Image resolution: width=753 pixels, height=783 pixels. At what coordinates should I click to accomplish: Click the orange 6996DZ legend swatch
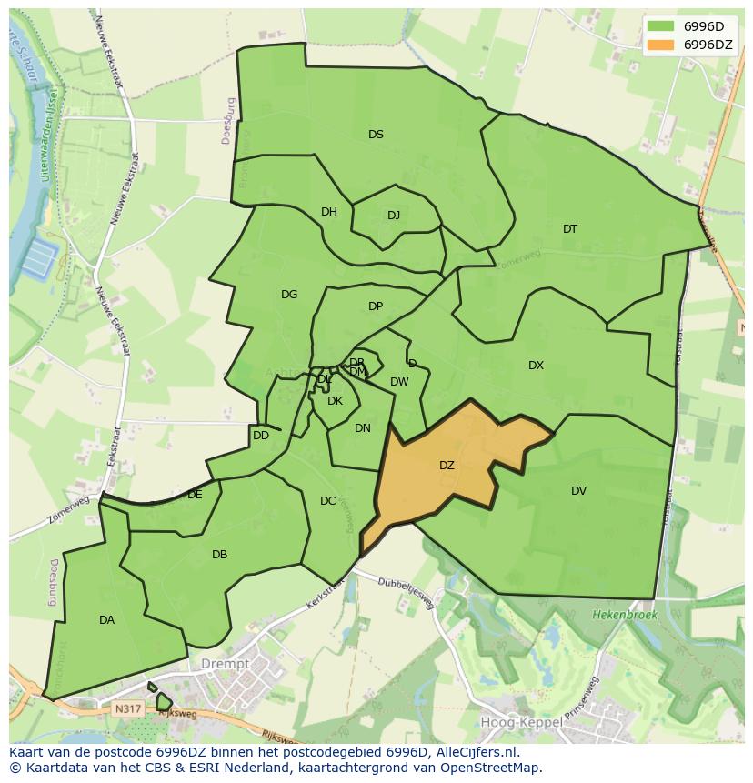pyautogui.click(x=661, y=45)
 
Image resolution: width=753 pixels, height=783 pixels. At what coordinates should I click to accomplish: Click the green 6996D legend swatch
pyautogui.click(x=661, y=25)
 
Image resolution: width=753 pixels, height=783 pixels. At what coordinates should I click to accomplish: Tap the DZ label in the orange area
pyautogui.click(x=447, y=466)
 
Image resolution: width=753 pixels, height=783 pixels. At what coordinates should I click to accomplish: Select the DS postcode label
pyautogui.click(x=376, y=135)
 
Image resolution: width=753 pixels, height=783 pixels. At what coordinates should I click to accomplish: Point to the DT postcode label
pyautogui.click(x=569, y=229)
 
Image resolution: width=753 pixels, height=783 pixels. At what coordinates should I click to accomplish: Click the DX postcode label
pyautogui.click(x=536, y=366)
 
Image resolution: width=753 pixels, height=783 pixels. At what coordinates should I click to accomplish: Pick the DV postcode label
pyautogui.click(x=578, y=491)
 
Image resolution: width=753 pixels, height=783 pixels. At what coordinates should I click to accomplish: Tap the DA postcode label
pyautogui.click(x=106, y=620)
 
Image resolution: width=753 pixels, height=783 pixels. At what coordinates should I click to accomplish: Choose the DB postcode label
pyautogui.click(x=219, y=555)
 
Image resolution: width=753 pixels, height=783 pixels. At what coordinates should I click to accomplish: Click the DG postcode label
pyautogui.click(x=289, y=295)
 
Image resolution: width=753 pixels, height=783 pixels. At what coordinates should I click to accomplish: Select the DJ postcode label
pyautogui.click(x=394, y=216)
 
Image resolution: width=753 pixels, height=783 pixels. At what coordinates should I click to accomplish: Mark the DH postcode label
pyautogui.click(x=329, y=212)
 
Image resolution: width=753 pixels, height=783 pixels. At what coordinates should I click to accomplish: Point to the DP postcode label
pyautogui.click(x=376, y=306)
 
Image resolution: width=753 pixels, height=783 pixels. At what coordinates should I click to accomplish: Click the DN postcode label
pyautogui.click(x=363, y=428)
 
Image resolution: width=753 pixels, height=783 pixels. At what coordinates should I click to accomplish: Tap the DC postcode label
pyautogui.click(x=328, y=501)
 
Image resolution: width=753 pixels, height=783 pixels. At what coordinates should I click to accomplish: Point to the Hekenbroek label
pyautogui.click(x=624, y=616)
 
